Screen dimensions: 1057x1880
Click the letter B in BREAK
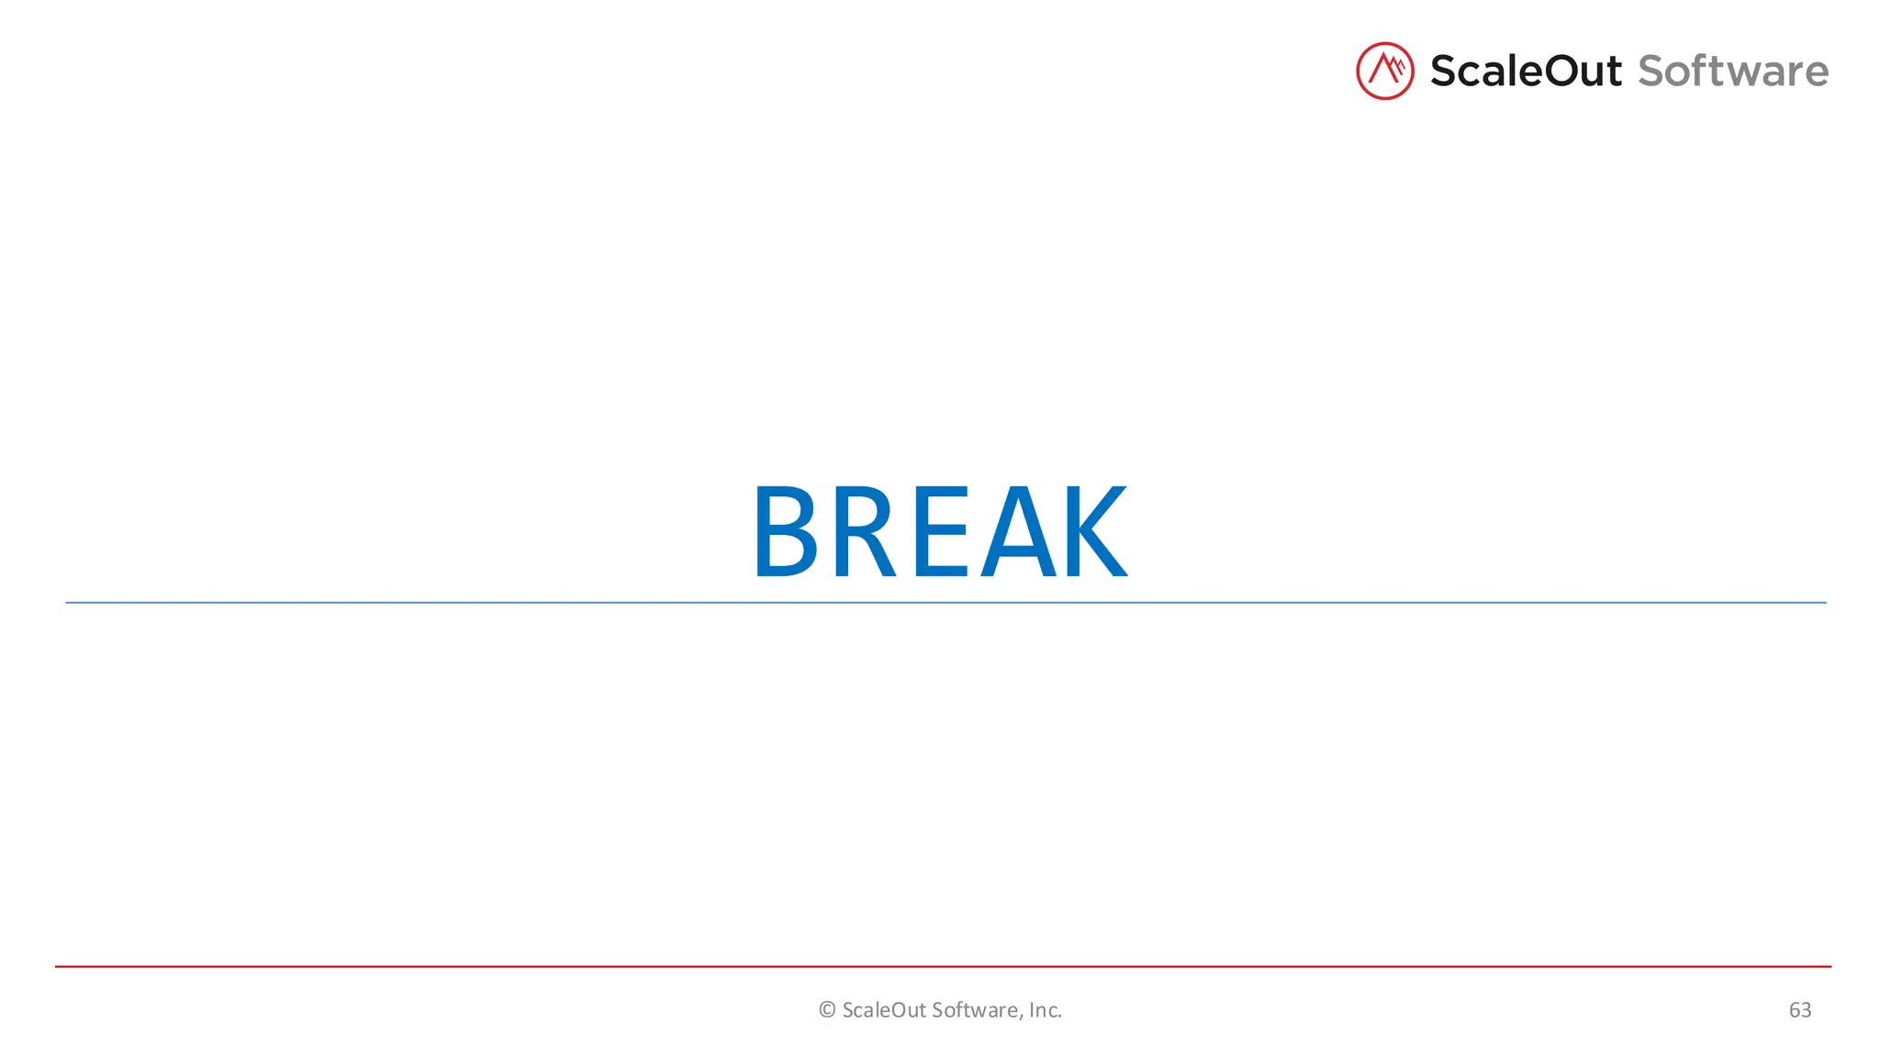pyautogui.click(x=786, y=532)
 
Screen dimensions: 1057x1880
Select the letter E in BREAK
pyautogui.click(x=941, y=532)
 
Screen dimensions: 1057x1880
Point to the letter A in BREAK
pyautogui.click(x=1019, y=532)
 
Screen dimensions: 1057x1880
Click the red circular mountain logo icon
pyautogui.click(x=1384, y=71)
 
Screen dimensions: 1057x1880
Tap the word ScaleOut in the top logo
pyautogui.click(x=1526, y=72)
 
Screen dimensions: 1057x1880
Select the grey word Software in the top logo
pyautogui.click(x=1733, y=72)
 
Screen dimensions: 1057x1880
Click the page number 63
pyautogui.click(x=1799, y=1010)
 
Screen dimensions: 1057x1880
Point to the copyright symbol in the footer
pyautogui.click(x=827, y=1010)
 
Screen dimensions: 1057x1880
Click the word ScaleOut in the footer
pyautogui.click(x=884, y=1010)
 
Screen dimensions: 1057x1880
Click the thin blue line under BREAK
pyautogui.click(x=946, y=603)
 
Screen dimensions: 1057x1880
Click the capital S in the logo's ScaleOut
pyautogui.click(x=1445, y=72)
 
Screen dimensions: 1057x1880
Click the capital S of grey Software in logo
pyautogui.click(x=1653, y=72)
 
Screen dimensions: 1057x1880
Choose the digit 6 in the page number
pyautogui.click(x=1794, y=1010)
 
